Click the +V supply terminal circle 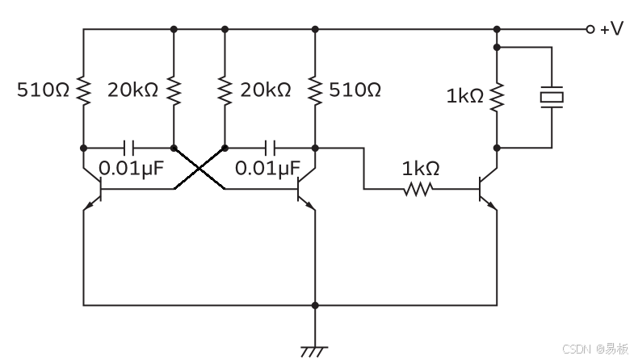click(590, 29)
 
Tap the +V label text click(611, 29)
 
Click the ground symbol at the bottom click(314, 351)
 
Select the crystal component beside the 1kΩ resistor click(552, 97)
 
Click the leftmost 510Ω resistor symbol click(84, 90)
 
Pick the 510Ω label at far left click(44, 90)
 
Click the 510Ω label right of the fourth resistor click(355, 90)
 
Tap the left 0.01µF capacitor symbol click(129, 149)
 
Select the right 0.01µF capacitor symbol click(270, 149)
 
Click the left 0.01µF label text click(132, 168)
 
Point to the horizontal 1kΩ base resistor click(418, 189)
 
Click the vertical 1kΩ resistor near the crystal click(497, 97)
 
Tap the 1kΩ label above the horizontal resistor click(421, 168)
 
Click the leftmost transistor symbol click(93, 189)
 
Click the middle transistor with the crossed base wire click(306, 189)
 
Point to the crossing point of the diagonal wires click(199, 169)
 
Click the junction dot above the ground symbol click(315, 305)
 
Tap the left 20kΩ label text click(132, 90)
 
